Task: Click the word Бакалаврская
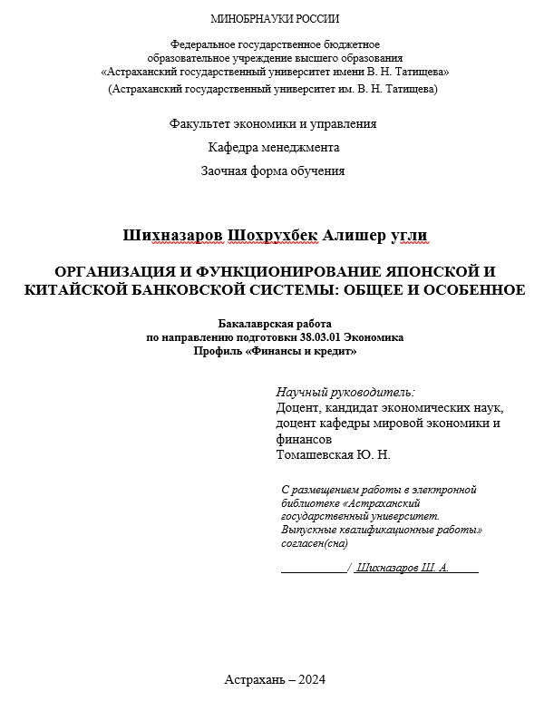(x=256, y=324)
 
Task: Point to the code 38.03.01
(x=318, y=337)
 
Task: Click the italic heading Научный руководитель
(x=345, y=392)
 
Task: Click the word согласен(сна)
(x=315, y=543)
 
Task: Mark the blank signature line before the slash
(x=313, y=569)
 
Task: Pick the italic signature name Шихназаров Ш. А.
(x=403, y=568)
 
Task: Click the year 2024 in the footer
(x=310, y=680)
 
